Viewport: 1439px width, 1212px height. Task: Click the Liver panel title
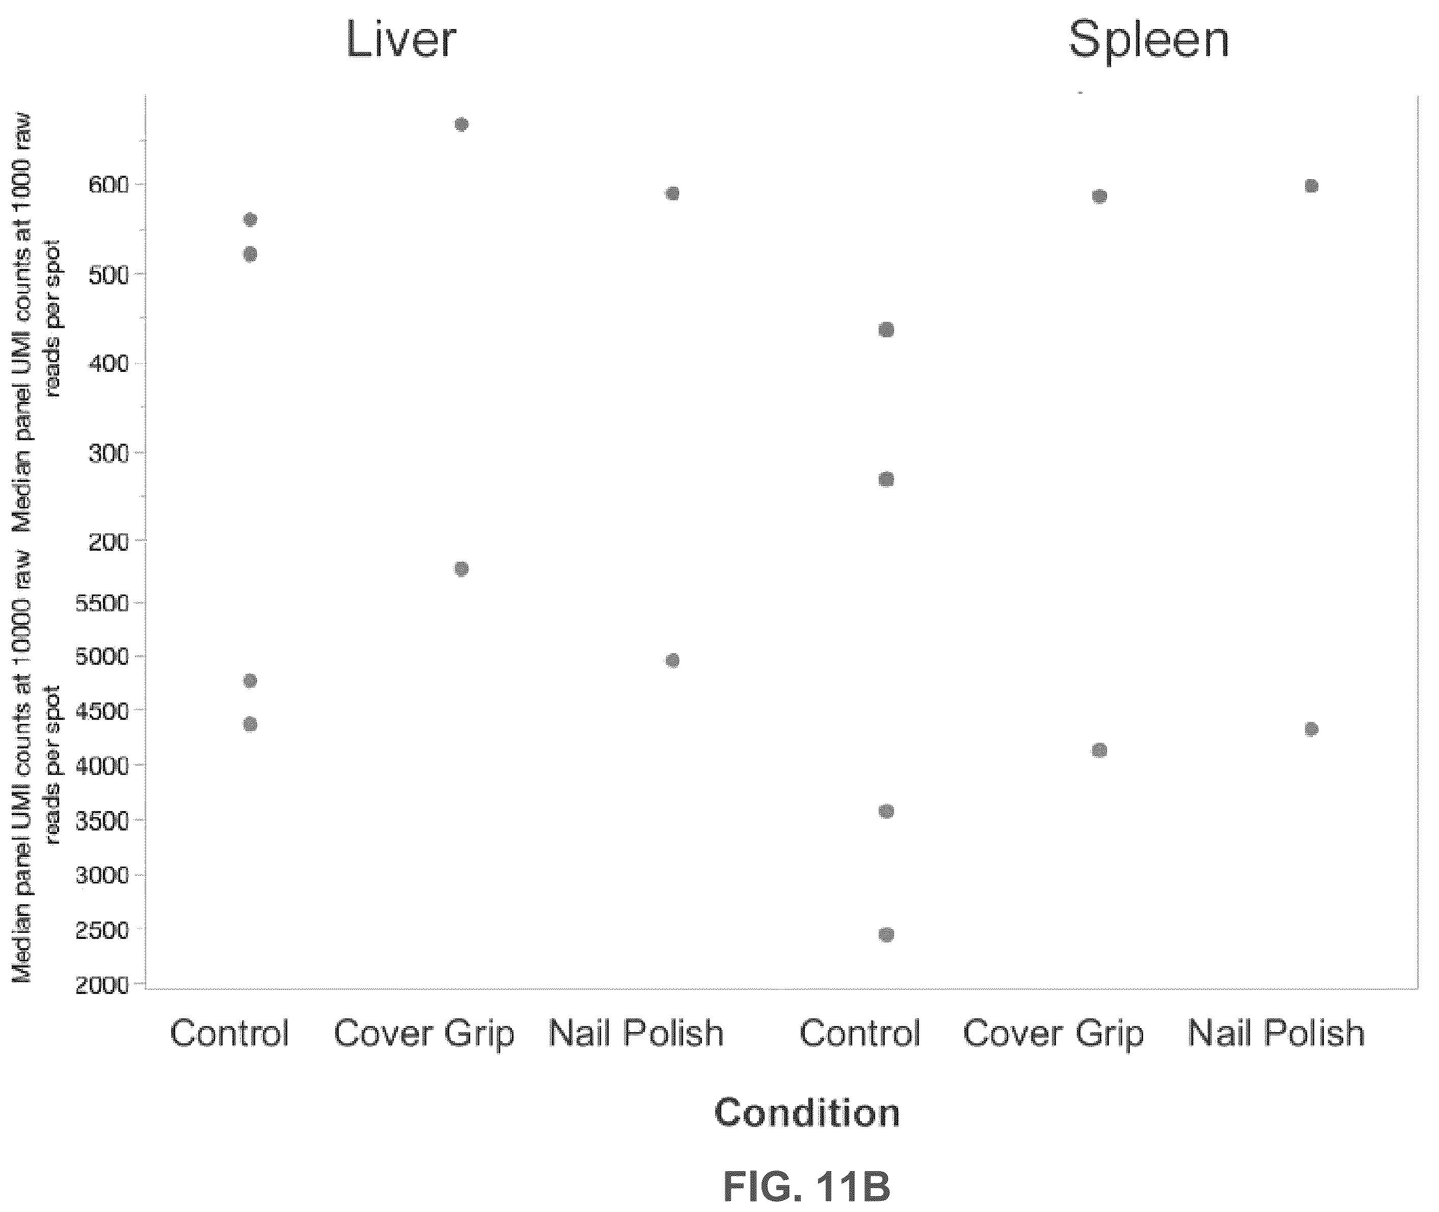[400, 40]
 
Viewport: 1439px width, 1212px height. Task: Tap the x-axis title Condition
[807, 1112]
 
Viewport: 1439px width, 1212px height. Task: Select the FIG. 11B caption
[807, 1186]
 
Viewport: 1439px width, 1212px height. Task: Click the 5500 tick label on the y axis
[102, 603]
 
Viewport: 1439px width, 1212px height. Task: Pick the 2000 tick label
[102, 985]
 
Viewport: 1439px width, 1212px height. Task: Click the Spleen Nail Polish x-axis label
[1276, 1033]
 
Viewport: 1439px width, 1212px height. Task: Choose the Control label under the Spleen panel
[859, 1033]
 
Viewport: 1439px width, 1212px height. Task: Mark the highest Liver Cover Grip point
[461, 124]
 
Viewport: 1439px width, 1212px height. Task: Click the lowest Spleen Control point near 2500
[886, 934]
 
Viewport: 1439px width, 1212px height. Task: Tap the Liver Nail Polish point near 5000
[672, 660]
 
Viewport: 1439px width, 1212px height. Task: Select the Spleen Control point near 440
[886, 330]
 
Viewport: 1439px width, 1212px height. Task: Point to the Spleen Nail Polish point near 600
[1311, 186]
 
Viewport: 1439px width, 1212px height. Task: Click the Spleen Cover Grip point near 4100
[1099, 750]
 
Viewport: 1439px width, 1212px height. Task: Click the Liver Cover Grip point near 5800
[461, 569]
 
